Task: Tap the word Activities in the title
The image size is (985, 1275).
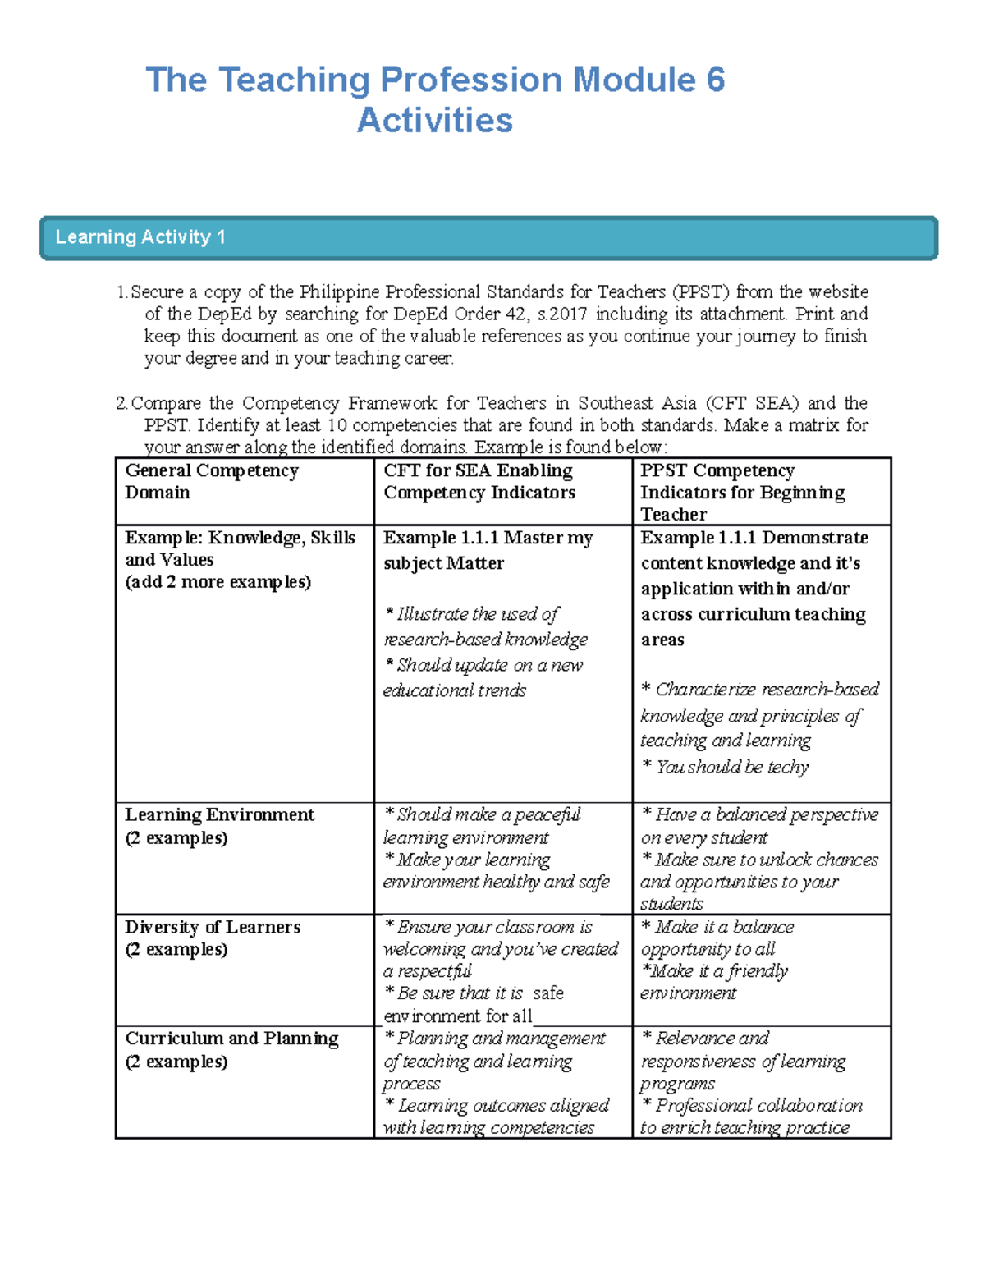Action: point(435,121)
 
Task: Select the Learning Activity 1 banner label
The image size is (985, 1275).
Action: point(140,237)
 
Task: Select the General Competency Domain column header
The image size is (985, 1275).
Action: point(211,481)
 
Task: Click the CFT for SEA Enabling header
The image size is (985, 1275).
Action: point(478,470)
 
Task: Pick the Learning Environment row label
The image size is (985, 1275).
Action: point(219,814)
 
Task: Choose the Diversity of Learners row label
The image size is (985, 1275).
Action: point(213,927)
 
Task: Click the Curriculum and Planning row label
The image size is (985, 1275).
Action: point(231,1039)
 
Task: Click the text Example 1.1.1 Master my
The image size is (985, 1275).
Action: point(488,538)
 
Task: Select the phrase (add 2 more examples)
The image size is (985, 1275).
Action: point(218,582)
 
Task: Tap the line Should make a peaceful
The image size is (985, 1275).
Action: point(488,814)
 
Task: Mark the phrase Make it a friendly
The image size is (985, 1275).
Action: point(720,971)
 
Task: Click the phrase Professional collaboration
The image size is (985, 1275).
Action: point(758,1106)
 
